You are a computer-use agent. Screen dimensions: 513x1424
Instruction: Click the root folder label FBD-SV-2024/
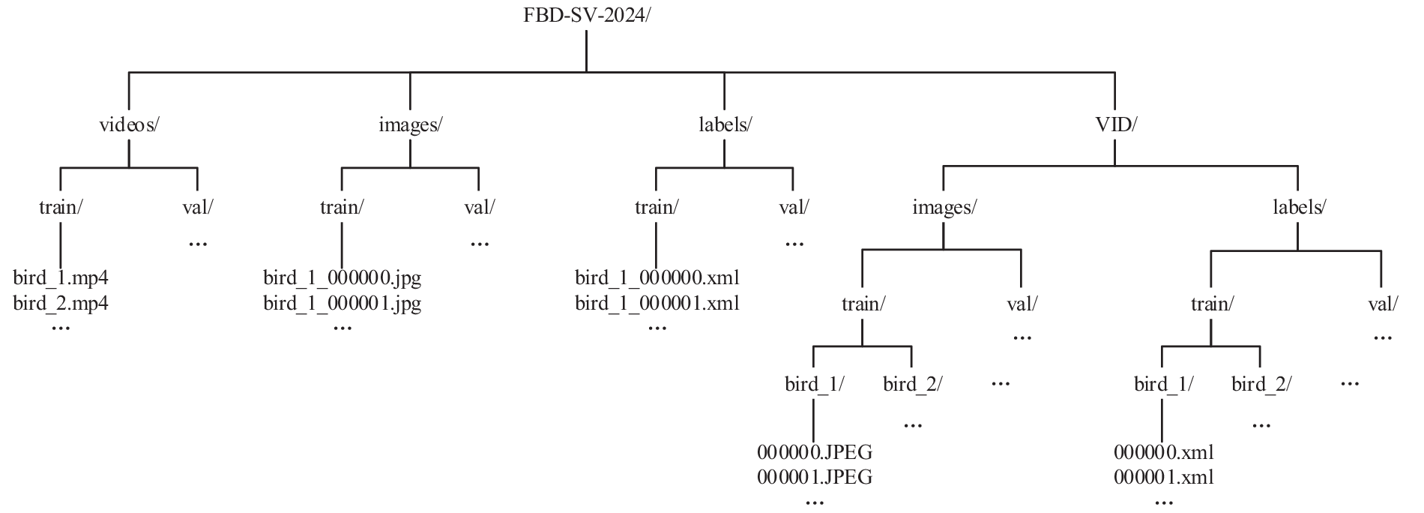(x=586, y=16)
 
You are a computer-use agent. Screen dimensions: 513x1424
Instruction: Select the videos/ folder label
(x=129, y=125)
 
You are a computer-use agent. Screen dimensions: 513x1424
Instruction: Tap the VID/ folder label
(x=1115, y=125)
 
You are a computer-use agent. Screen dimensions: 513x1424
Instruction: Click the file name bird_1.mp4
(x=61, y=279)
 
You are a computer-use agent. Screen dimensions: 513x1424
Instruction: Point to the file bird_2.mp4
(x=61, y=304)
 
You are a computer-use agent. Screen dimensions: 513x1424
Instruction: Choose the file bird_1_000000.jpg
(x=343, y=279)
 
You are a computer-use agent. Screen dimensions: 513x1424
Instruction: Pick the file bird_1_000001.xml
(x=657, y=304)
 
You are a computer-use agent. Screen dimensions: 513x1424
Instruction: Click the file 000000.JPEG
(x=815, y=452)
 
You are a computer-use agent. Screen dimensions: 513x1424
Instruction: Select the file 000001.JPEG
(x=815, y=477)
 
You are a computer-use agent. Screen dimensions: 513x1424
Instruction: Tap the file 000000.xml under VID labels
(x=1163, y=452)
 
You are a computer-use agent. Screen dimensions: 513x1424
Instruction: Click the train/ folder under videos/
(x=60, y=207)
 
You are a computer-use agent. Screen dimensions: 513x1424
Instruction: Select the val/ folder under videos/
(x=197, y=207)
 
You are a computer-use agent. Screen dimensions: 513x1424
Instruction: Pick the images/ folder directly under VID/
(x=944, y=208)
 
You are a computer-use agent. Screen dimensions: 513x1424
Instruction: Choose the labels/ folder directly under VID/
(x=1299, y=208)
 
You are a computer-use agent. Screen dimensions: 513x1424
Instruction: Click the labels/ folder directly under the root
(x=724, y=125)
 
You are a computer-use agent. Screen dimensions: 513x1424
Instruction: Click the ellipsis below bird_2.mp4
(x=60, y=328)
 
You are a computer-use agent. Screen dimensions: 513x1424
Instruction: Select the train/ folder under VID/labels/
(x=1212, y=304)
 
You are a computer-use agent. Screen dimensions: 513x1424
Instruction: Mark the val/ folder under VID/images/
(x=1022, y=304)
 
